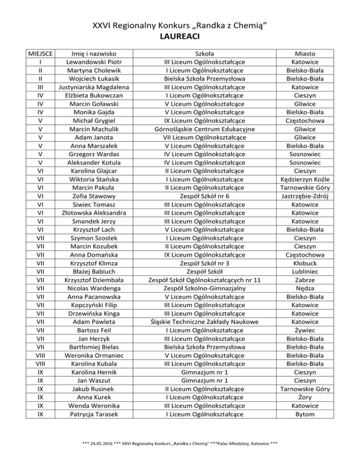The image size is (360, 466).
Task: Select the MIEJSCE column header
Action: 40,53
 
